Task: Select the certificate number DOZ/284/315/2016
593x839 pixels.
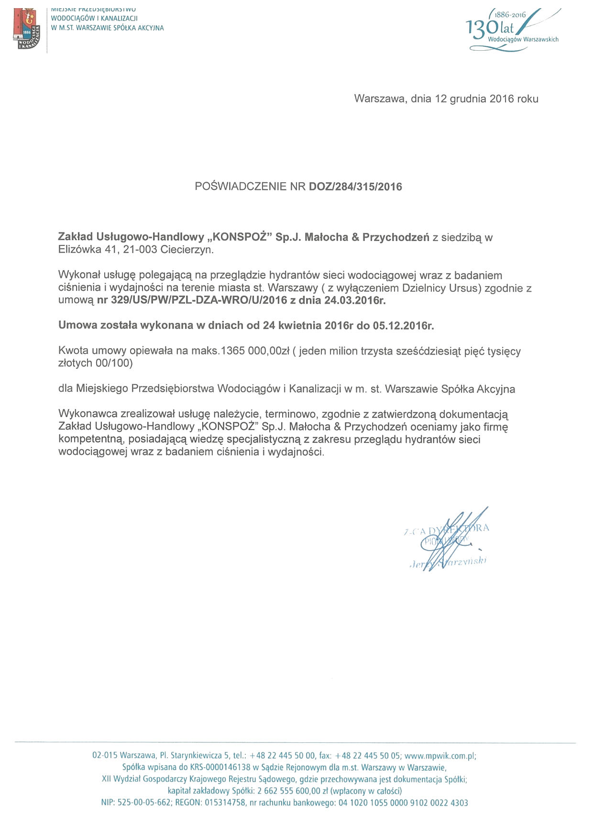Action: pos(355,187)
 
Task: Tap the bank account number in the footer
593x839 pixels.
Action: pos(403,803)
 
